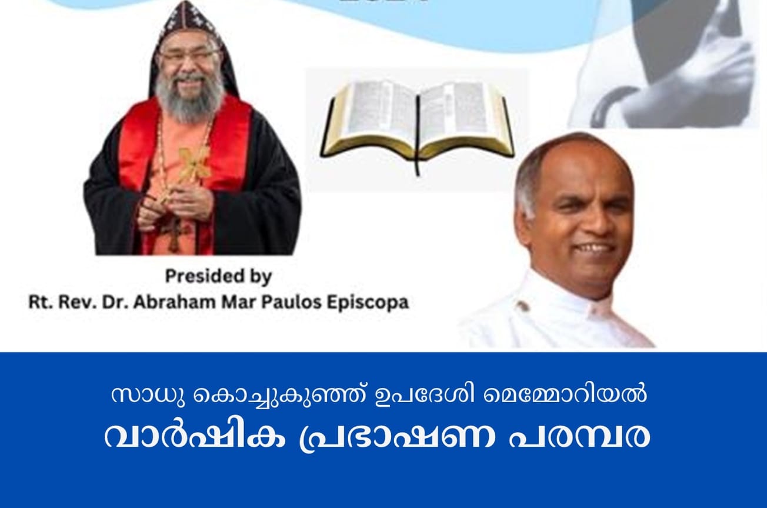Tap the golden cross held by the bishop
[194, 165]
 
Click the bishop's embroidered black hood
[189, 24]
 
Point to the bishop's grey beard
[189, 100]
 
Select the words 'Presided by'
[218, 275]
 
